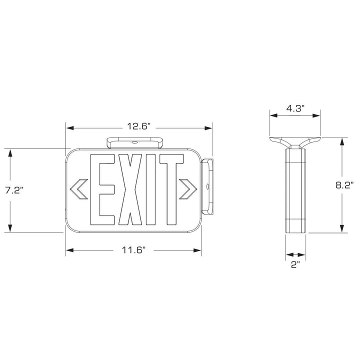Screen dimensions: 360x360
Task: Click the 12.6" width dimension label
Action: (x=138, y=127)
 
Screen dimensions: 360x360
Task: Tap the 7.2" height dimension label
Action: (x=14, y=190)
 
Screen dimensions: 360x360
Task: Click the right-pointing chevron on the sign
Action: (x=188, y=188)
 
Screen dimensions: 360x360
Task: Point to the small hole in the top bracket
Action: (x=133, y=142)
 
